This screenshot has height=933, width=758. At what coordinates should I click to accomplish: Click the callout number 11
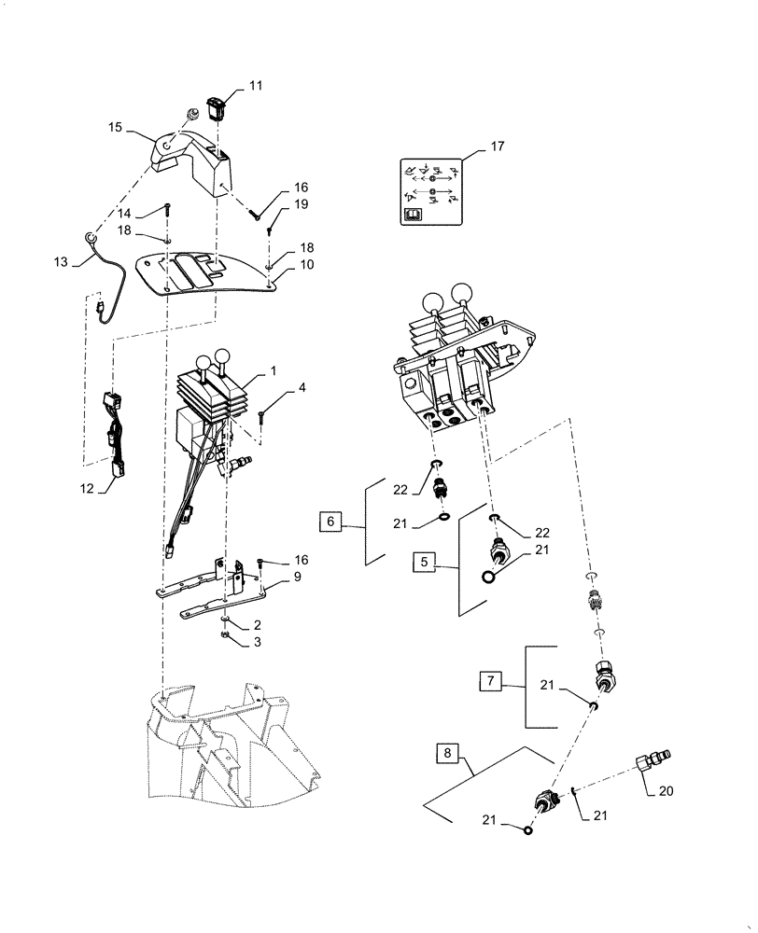[255, 86]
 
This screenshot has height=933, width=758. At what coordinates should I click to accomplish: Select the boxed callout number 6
[330, 522]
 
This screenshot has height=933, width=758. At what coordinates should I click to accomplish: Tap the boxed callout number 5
[426, 562]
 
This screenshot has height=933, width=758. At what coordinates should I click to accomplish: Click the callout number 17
[496, 147]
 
